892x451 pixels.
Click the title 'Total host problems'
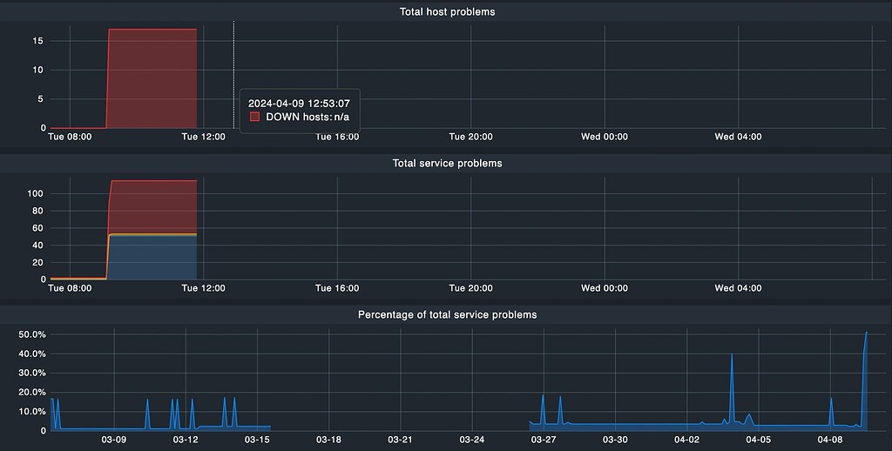447,11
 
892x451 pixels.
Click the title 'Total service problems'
447,163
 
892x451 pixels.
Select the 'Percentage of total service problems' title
447,314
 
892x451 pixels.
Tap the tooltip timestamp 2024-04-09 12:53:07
299,103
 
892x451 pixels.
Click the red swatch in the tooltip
255,117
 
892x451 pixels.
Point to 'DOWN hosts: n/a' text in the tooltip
307,117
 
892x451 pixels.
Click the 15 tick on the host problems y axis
38,40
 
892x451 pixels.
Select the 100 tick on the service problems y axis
36,193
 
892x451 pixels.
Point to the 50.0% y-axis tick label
31,334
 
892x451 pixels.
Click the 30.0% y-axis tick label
31,373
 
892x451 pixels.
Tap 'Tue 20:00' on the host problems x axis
470,137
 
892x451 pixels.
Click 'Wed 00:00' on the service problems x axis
605,287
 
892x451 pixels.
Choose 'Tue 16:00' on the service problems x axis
336,287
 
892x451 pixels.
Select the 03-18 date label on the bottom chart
328,440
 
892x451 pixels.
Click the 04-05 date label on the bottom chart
759,440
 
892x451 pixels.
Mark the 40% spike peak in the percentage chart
732,355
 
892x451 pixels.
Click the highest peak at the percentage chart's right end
866,333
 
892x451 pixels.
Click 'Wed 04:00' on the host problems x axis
738,137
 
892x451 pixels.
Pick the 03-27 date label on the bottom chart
543,440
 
